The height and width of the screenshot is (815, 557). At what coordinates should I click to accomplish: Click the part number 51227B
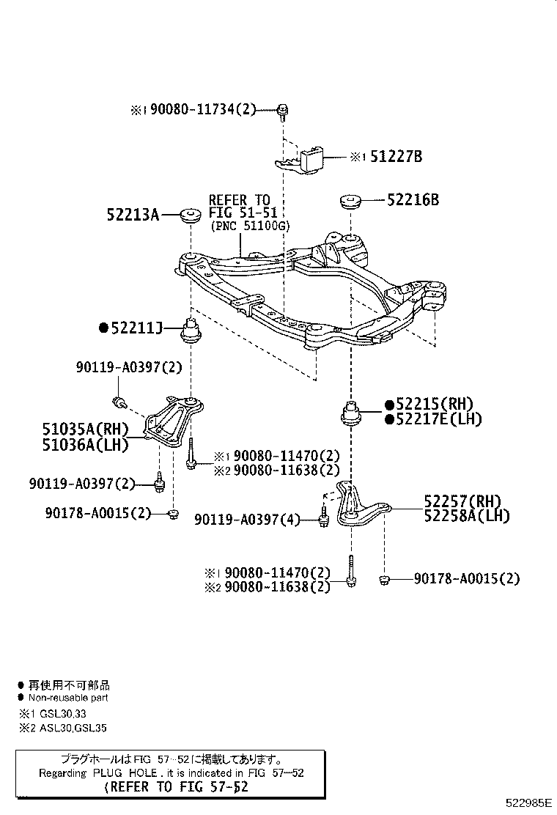(396, 156)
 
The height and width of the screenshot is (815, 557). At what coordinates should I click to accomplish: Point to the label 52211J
(136, 328)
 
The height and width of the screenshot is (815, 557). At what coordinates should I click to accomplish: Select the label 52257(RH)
(462, 501)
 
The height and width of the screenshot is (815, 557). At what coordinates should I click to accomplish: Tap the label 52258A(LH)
(466, 515)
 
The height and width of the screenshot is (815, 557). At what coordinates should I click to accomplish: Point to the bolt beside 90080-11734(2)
(282, 111)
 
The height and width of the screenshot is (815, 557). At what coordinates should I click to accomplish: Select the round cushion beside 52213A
(191, 215)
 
